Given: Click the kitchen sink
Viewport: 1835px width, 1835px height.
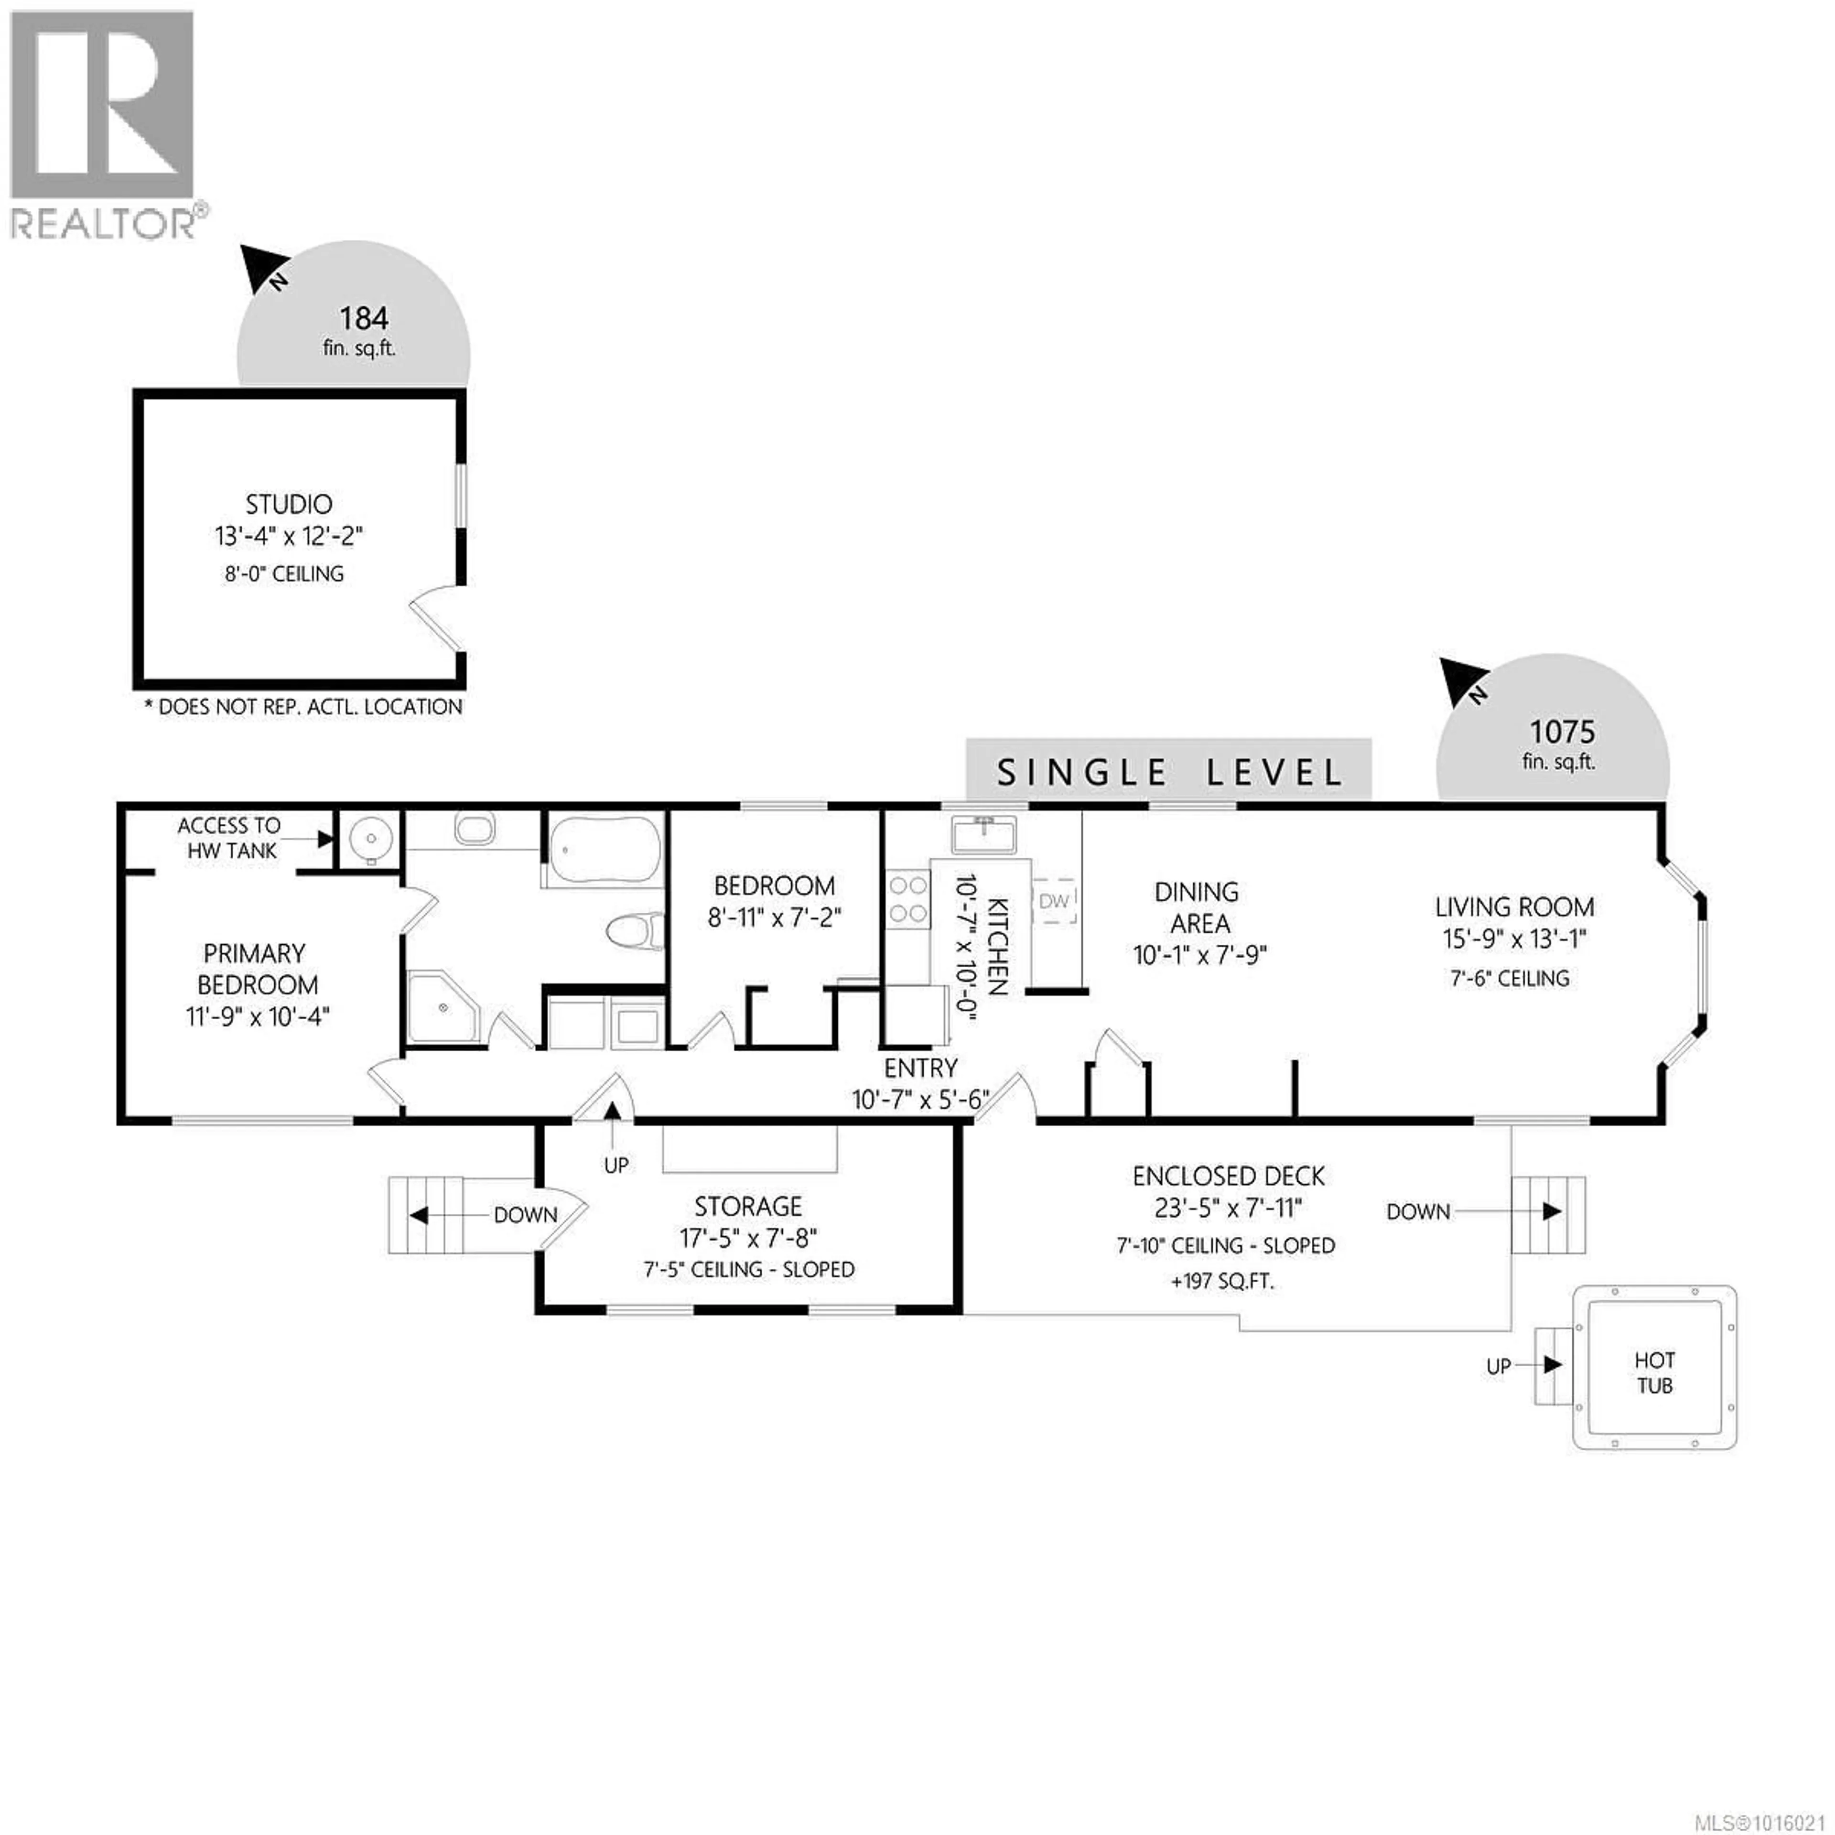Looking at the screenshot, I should [984, 835].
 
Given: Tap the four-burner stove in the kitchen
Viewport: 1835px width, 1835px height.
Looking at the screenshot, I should [907, 899].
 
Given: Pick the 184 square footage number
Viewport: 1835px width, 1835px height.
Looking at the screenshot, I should [364, 318].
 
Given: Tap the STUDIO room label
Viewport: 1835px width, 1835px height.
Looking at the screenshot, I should [289, 504].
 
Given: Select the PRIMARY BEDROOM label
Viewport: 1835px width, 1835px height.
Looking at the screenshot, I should [257, 969].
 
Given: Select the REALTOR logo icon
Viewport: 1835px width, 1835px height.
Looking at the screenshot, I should [102, 107].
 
